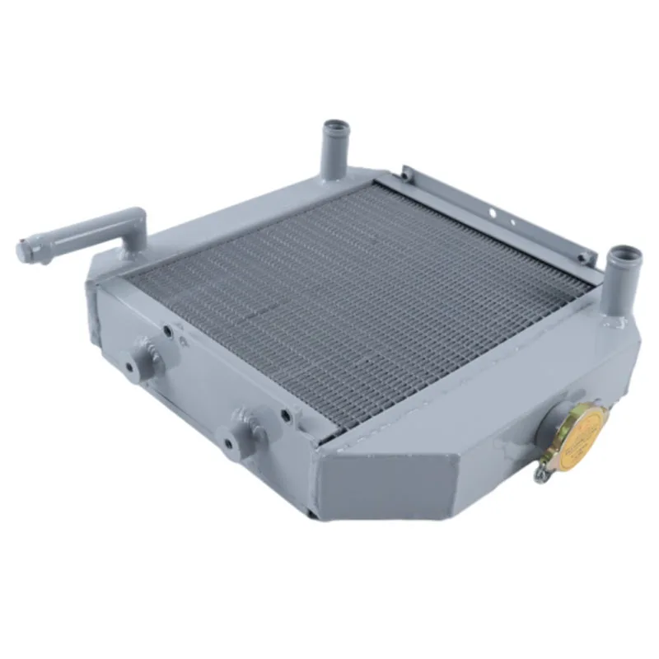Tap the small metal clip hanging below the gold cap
point(541,472)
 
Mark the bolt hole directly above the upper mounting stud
point(167,331)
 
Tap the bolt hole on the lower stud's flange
point(228,445)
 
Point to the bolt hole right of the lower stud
point(285,416)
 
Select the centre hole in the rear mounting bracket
point(493,212)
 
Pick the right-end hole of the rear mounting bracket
point(582,257)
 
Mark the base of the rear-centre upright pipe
point(333,175)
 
